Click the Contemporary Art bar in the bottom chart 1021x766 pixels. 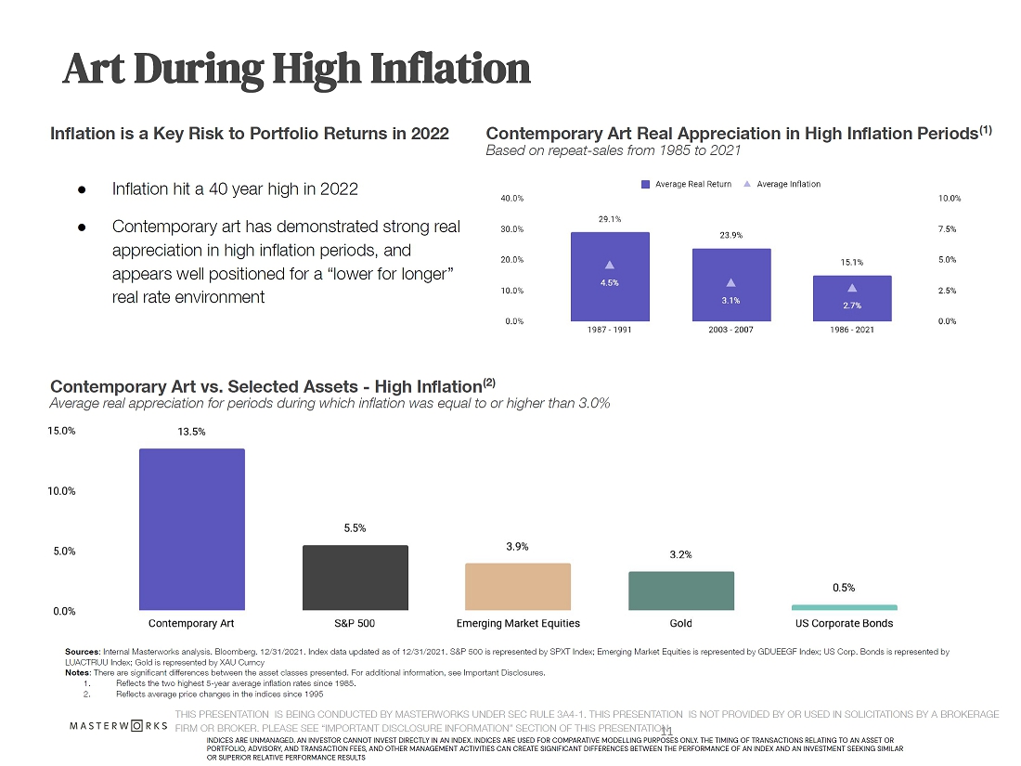192,529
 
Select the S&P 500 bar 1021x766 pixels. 355,577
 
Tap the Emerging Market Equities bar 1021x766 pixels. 517,586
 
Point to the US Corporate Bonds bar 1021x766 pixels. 844,607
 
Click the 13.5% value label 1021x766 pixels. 192,432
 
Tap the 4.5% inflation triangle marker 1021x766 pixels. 610,266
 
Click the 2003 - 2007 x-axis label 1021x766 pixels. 730,331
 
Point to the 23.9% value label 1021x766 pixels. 730,236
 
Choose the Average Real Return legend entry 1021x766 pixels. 687,184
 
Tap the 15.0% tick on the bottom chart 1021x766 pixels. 63,431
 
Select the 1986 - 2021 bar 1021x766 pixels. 851,298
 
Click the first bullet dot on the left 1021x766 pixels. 82,189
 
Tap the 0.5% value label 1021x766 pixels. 844,588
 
